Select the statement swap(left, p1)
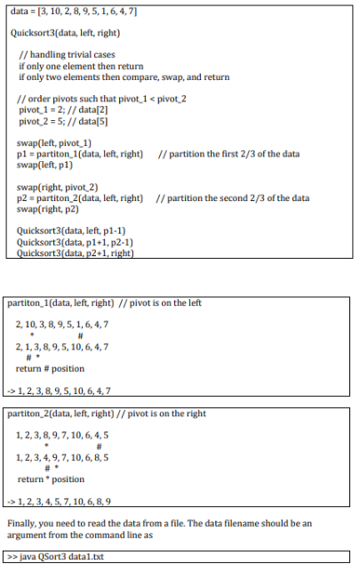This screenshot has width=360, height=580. pos(46,165)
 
